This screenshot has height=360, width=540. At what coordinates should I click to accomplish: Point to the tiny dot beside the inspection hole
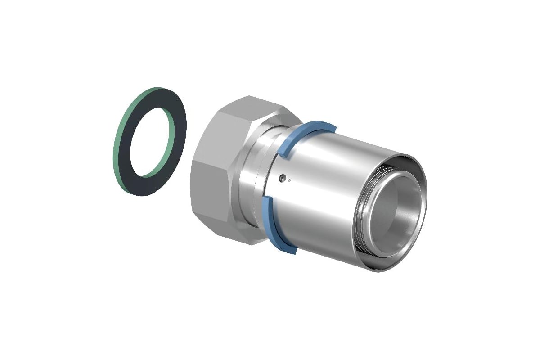(x=289, y=181)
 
